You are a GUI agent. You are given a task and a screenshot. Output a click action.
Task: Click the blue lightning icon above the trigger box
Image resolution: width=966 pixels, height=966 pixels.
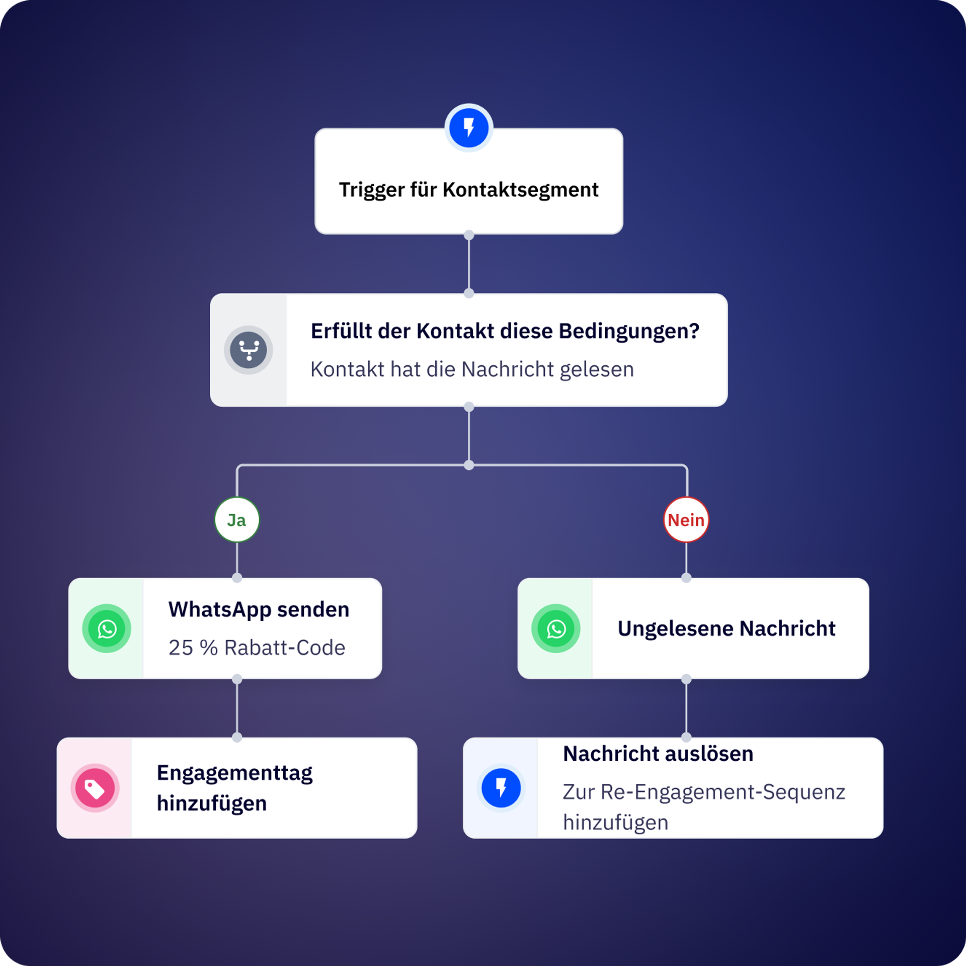[x=468, y=128]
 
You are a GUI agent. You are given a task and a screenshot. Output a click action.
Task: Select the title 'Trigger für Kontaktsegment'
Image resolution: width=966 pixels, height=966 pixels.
[x=468, y=190]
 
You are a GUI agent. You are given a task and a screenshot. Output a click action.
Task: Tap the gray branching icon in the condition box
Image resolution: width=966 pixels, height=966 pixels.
[x=249, y=350]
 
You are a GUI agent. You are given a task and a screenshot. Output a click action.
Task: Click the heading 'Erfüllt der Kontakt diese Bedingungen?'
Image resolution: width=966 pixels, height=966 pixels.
[x=505, y=331]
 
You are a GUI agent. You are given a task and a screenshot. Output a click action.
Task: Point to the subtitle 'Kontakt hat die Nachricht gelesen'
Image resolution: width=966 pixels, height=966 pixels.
[x=472, y=369]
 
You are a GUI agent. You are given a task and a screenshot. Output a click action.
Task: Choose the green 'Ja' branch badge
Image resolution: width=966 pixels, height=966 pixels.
[x=237, y=520]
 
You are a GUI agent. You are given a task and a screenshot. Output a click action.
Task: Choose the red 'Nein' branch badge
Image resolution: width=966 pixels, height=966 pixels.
[x=686, y=520]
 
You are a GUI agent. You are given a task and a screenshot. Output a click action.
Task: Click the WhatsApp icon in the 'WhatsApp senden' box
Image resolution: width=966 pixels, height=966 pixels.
[x=107, y=628]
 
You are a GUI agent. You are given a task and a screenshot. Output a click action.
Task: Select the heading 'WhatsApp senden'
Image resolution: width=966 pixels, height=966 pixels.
[x=259, y=609]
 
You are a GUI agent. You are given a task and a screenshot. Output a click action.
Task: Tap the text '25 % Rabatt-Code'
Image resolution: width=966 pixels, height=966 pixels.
[x=257, y=648]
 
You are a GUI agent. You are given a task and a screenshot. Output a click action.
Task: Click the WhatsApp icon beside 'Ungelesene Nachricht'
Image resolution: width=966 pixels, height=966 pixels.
[x=556, y=628]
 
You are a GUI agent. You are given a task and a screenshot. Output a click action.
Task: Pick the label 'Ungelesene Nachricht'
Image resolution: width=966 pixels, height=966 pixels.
[x=726, y=628]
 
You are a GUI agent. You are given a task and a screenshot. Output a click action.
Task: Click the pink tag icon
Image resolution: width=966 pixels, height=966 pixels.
[x=95, y=788]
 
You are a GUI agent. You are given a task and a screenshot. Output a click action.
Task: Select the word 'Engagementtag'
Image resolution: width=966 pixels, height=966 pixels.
[x=234, y=773]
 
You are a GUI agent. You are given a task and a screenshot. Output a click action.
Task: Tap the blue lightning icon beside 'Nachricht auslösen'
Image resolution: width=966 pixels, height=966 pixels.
[x=501, y=788]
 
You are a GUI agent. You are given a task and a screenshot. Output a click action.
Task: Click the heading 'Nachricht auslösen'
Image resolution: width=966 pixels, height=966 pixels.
[x=658, y=754]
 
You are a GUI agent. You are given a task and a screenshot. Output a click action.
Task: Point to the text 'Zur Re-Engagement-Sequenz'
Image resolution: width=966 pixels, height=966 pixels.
[x=704, y=792]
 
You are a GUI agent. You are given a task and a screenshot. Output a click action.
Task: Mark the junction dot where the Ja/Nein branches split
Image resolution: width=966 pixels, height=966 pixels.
[x=469, y=465]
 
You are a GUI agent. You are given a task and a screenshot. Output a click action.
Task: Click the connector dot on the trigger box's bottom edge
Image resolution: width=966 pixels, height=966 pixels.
[x=469, y=235]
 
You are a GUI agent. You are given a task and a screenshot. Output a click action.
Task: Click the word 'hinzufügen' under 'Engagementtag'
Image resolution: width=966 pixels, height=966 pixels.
[x=212, y=803]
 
